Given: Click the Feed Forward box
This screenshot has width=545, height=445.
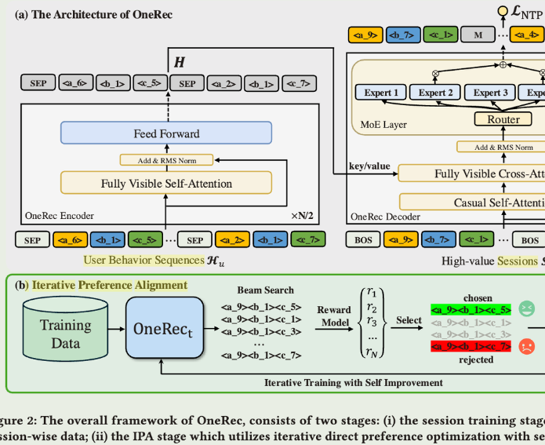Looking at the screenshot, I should [x=165, y=133].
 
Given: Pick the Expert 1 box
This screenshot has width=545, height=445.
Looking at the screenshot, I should [x=381, y=93].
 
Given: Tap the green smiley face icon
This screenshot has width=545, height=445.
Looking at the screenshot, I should [x=526, y=309].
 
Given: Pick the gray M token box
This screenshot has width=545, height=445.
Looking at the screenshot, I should [x=477, y=35].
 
